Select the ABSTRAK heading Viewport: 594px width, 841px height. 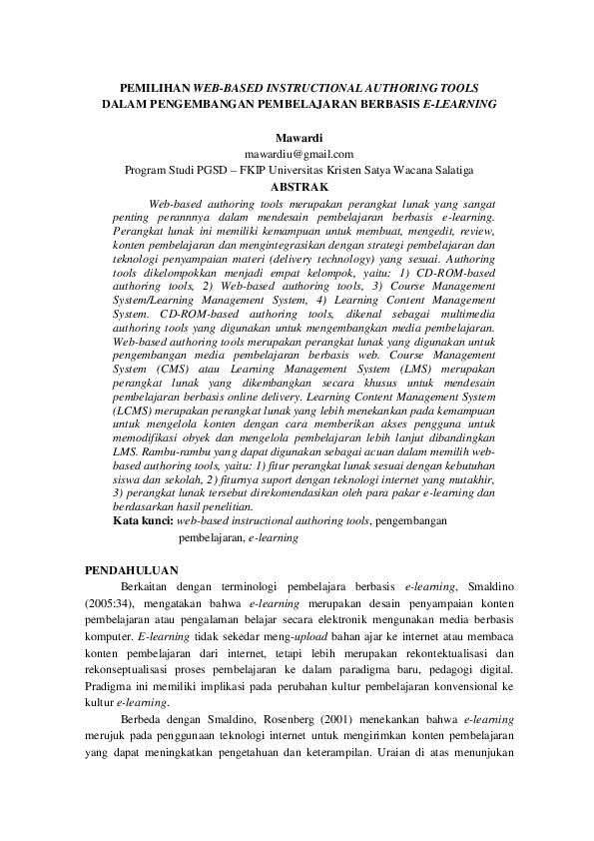coord(298,186)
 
